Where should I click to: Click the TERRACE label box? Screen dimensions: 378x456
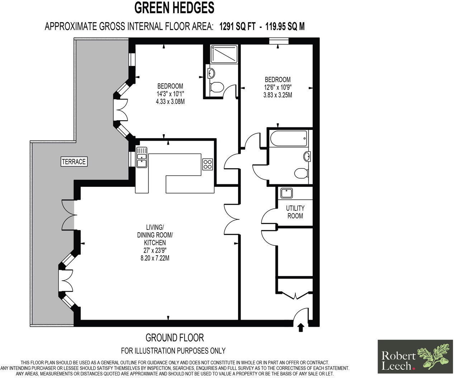tap(74, 162)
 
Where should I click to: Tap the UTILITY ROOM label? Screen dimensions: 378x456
tap(295, 212)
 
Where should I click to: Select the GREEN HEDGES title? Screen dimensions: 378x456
tap(174, 8)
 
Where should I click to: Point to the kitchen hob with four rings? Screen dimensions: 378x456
tap(208, 164)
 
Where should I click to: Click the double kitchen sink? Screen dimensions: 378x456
tap(142, 157)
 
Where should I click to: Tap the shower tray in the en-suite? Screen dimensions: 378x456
tap(224, 54)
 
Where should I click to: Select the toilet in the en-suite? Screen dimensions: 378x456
tap(216, 87)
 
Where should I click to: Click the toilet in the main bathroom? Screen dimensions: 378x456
tap(301, 173)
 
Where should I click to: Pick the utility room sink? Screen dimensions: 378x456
tap(287, 193)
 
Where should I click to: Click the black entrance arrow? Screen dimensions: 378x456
tap(300, 327)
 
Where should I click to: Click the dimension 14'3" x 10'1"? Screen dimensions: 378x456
tap(170, 94)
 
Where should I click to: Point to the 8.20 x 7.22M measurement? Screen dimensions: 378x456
tap(155, 257)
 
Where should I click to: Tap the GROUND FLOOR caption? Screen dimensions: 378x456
tap(174, 338)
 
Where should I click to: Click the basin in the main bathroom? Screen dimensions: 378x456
tap(307, 156)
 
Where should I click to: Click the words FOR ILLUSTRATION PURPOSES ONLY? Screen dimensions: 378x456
tap(173, 350)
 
